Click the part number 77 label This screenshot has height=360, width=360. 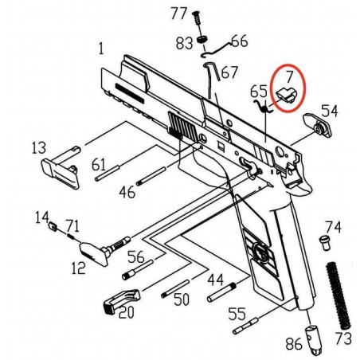[178, 14]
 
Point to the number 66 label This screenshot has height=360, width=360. [240, 41]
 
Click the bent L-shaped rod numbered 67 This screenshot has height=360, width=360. [211, 77]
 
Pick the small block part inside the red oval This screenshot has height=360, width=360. [287, 96]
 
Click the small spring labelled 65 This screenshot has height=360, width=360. [264, 106]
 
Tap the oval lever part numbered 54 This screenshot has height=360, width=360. [318, 125]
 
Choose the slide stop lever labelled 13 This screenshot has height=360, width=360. [61, 169]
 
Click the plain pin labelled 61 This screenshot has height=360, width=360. [107, 174]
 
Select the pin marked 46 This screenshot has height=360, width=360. [151, 176]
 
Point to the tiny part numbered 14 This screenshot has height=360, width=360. [53, 226]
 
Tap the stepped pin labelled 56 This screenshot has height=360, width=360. [138, 270]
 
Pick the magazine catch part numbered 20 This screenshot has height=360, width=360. [122, 301]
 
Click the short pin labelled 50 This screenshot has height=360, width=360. [175, 288]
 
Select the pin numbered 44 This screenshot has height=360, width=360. [221, 292]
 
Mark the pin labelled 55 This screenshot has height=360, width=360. [245, 326]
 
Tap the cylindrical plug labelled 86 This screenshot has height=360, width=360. [312, 341]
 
